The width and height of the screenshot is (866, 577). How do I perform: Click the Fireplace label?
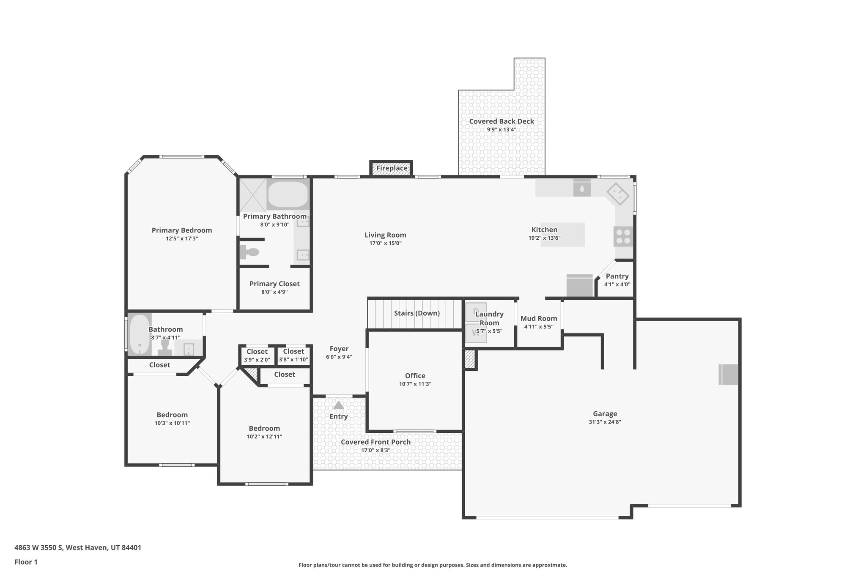(x=392, y=168)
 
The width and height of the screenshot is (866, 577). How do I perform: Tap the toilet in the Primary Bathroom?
(x=249, y=252)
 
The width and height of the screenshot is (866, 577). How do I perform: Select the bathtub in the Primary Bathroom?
(x=288, y=195)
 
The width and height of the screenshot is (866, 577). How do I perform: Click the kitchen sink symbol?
(x=582, y=189)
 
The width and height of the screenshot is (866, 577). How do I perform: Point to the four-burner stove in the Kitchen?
(x=623, y=237)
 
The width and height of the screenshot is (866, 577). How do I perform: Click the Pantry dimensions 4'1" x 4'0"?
(x=617, y=284)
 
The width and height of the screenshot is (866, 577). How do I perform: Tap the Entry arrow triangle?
(x=338, y=405)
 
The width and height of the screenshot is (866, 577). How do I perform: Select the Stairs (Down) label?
(x=417, y=313)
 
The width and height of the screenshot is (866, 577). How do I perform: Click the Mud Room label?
(x=538, y=319)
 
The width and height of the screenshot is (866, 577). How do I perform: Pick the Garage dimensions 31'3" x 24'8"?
(x=605, y=422)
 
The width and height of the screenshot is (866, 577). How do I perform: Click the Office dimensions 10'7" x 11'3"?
(x=415, y=384)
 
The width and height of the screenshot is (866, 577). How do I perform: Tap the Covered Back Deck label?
(x=502, y=121)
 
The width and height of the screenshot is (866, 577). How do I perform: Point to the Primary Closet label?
(x=274, y=284)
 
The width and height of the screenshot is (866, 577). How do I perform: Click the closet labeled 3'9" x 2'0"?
(x=257, y=355)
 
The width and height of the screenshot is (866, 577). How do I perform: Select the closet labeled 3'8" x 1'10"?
(x=293, y=355)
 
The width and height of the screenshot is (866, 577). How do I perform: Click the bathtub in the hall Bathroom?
(x=140, y=334)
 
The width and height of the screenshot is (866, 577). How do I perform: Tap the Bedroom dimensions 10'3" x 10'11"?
(x=172, y=423)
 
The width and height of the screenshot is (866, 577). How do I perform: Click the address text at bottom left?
(x=78, y=548)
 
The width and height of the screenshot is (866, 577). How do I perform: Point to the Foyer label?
(x=339, y=349)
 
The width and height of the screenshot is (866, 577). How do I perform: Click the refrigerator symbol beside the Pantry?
(x=579, y=286)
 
